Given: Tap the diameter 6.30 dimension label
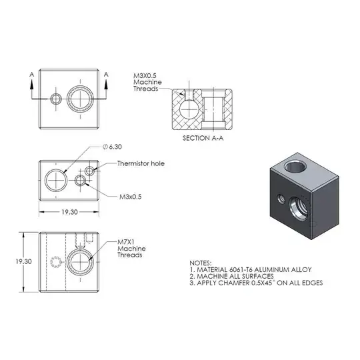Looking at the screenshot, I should point(111,147).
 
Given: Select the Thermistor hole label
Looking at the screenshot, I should point(140,163).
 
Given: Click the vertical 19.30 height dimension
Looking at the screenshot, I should point(15,261).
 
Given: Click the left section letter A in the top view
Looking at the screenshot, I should point(32,75).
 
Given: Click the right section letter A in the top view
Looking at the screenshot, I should point(107,75).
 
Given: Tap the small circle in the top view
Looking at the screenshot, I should point(55,99).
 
